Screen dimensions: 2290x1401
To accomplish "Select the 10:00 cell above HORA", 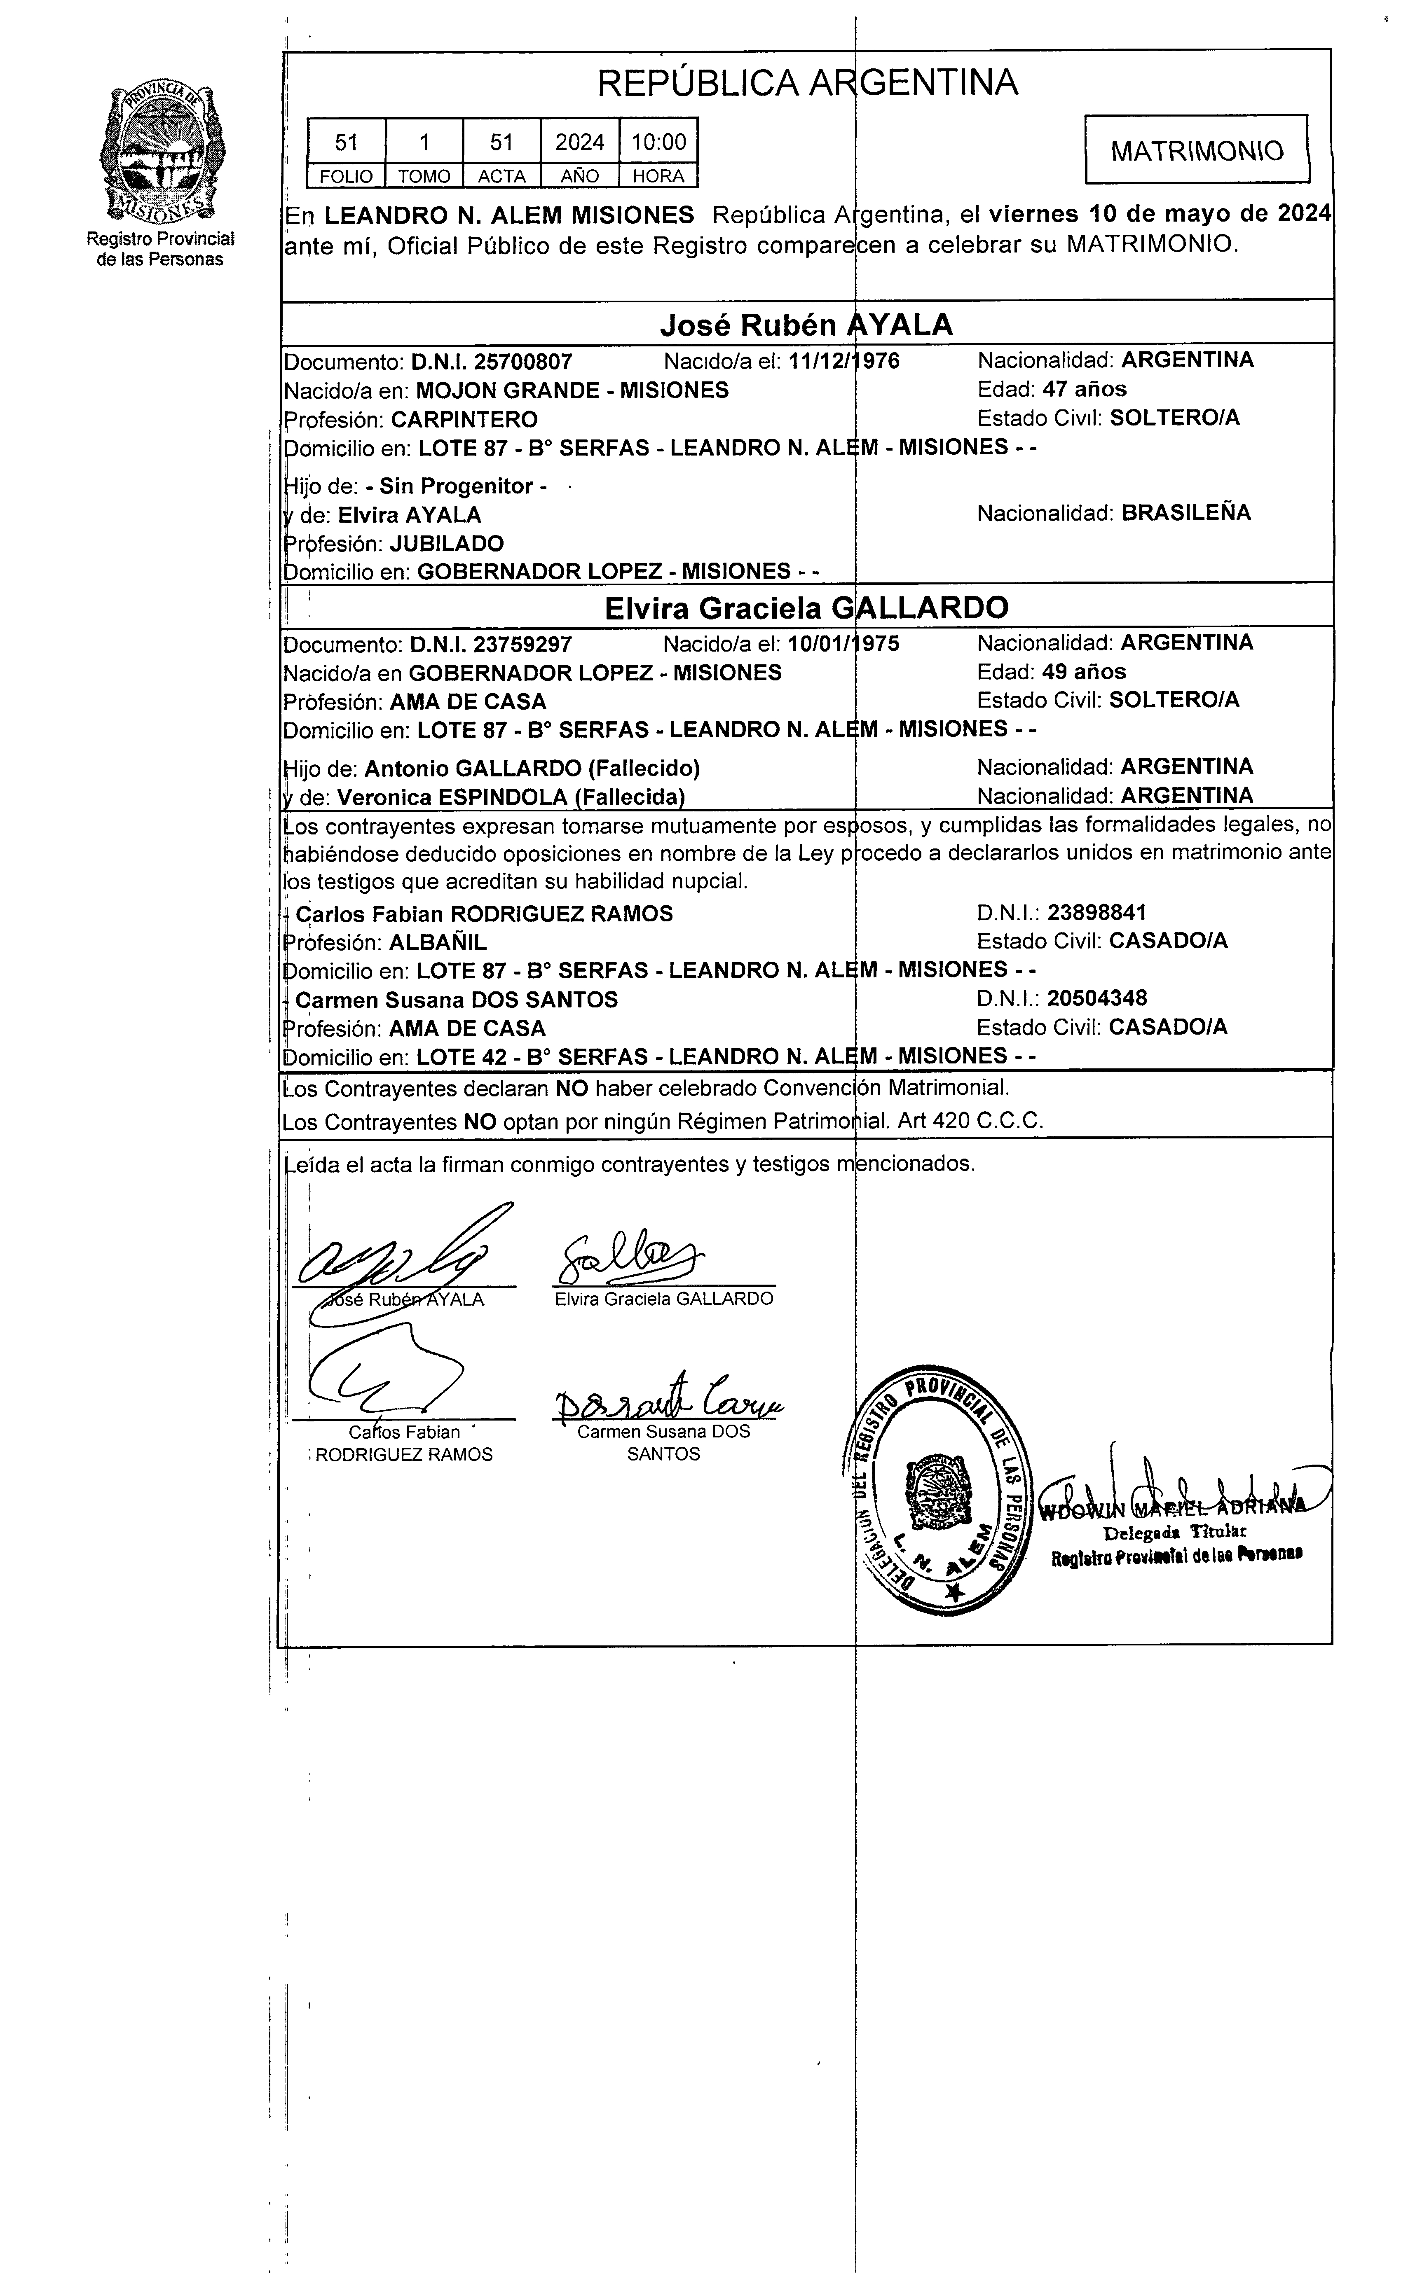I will click(x=658, y=142).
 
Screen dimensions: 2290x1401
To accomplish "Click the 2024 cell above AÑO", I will click(x=579, y=142).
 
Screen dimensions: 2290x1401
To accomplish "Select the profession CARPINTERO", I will click(x=464, y=419).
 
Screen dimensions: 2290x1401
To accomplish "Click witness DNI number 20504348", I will click(x=1097, y=999).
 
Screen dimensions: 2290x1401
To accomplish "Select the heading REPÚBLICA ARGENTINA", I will click(x=807, y=84).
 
